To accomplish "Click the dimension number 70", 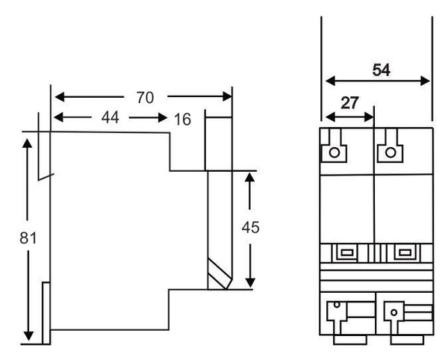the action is point(145,98).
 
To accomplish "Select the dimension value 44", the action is point(110,117).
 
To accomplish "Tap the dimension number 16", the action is point(183,120).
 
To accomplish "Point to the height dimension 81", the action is point(28,238).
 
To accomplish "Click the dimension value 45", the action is point(251,228).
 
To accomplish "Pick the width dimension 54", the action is point(382,70).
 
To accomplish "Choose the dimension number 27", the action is point(349,103).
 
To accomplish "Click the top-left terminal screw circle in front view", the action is point(335,152).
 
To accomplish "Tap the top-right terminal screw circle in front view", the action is point(391,152).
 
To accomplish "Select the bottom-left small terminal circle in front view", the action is point(337,305).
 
